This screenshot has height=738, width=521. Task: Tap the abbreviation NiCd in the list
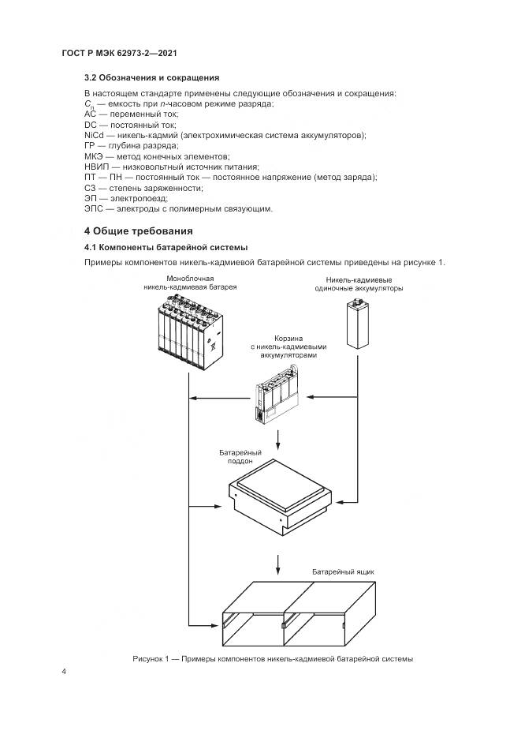click(93, 136)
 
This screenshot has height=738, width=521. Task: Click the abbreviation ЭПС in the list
click(94, 208)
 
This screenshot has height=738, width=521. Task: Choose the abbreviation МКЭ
click(94, 156)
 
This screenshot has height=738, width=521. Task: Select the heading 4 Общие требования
click(138, 231)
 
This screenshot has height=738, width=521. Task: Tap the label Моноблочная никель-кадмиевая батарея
click(190, 283)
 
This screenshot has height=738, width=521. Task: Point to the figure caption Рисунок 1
click(272, 658)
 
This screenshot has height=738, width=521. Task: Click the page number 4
click(64, 672)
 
